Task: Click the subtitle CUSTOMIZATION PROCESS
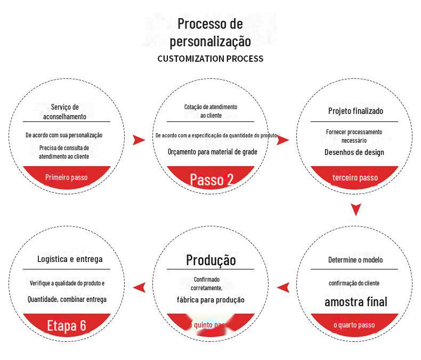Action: coord(210,59)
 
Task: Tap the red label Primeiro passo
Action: coord(67,177)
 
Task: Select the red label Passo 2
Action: coord(212,179)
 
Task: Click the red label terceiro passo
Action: coord(355,177)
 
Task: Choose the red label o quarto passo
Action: coord(354,325)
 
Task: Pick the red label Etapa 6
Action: coord(67,325)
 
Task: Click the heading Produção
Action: coord(210,260)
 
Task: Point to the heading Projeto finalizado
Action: coord(355,111)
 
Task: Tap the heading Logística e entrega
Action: coord(70,259)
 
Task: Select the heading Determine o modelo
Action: coord(355,260)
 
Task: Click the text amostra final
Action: coord(355,302)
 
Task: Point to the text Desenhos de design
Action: coord(354,152)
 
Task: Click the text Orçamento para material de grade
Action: coord(212,152)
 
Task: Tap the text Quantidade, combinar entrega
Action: coord(67,299)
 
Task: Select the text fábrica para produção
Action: coord(210,300)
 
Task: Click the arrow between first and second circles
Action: coord(139,140)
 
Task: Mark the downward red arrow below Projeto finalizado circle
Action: coord(356,210)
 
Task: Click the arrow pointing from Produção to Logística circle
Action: coord(140,288)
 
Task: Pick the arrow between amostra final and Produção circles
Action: coord(284,288)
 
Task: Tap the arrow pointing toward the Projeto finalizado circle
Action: coord(284,140)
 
